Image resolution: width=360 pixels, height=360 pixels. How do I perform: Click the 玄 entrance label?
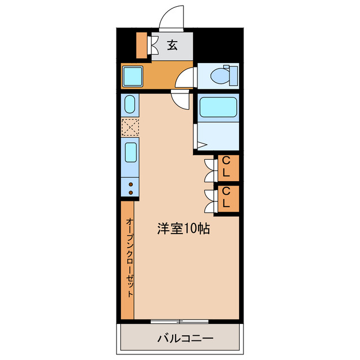click(172, 45)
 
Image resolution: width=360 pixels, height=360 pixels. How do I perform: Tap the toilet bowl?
click(220, 76)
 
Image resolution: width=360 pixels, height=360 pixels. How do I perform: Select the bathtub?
click(218, 107)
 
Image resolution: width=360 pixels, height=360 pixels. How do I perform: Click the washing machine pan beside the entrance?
click(133, 76)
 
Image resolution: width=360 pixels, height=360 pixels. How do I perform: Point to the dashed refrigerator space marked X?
click(130, 127)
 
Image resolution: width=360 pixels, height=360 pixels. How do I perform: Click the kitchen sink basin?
click(130, 152)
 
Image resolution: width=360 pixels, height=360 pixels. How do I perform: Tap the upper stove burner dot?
click(130, 184)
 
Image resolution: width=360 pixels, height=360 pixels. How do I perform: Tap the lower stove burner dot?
click(130, 192)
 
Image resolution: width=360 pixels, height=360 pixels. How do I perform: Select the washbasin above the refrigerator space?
click(130, 104)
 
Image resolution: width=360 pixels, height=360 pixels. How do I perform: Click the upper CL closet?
click(228, 168)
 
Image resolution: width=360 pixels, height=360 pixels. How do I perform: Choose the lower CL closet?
click(228, 199)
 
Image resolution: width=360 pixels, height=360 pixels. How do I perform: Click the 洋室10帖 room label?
click(183, 228)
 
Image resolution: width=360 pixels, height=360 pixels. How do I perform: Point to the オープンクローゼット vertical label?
click(130, 258)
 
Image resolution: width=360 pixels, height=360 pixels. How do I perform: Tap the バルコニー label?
click(185, 338)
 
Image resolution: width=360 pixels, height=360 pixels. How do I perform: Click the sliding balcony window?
click(179, 321)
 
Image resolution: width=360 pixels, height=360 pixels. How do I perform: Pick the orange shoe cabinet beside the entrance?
click(142, 45)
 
